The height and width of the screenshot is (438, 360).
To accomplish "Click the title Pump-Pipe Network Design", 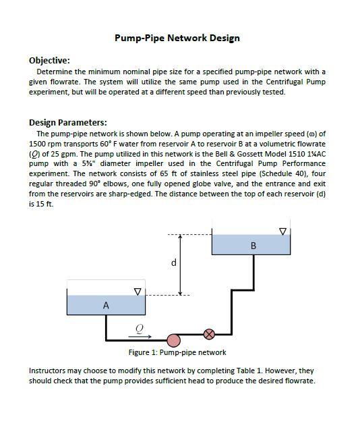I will click(177, 38).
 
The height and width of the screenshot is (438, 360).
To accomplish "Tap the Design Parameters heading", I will click(67, 122).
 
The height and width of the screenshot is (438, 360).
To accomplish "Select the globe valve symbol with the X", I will click(209, 333).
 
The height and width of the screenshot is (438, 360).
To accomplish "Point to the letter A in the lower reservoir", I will click(105, 306).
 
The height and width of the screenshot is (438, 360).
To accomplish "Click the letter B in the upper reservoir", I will click(253, 246).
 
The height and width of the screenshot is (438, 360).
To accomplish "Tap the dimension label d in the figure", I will click(173, 263).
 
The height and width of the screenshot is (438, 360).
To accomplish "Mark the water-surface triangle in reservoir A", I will click(138, 292).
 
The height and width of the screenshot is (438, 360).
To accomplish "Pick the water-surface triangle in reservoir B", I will click(282, 231).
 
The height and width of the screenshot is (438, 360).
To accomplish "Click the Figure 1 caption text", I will click(177, 352).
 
